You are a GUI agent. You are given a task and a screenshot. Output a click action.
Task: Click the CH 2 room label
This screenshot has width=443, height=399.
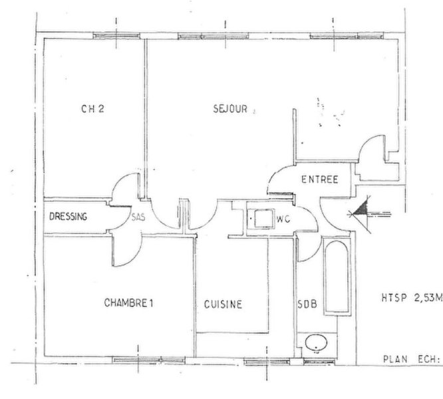click(92, 108)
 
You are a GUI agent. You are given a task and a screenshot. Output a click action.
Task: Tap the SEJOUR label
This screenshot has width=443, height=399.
click(230, 108)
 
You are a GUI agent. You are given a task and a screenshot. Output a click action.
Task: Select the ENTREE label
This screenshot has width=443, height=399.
click(320, 180)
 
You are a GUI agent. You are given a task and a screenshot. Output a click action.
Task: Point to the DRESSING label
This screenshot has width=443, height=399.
click(68, 217)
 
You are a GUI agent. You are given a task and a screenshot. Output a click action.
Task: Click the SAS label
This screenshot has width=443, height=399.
click(138, 217)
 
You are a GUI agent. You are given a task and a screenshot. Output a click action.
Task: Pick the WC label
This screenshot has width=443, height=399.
click(283, 219)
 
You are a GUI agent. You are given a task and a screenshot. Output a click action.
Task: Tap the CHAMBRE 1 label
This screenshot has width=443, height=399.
click(128, 303)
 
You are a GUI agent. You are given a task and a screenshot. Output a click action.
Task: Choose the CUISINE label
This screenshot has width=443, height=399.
click(223, 305)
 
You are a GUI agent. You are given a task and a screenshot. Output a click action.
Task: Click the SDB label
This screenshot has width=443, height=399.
click(307, 304)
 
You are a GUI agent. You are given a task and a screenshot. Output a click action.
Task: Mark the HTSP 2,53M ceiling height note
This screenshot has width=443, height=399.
click(412, 298)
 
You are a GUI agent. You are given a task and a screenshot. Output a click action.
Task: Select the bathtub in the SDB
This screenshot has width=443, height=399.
click(337, 277)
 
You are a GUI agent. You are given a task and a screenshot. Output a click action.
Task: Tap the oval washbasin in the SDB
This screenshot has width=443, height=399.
click(316, 342)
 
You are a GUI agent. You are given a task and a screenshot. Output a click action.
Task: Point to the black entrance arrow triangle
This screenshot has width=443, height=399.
click(361, 209)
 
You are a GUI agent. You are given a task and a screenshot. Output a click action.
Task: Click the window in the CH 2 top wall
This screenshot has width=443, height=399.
click(116, 36)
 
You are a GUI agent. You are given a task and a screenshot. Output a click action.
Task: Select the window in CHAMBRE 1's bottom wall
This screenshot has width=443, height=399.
click(148, 360)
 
